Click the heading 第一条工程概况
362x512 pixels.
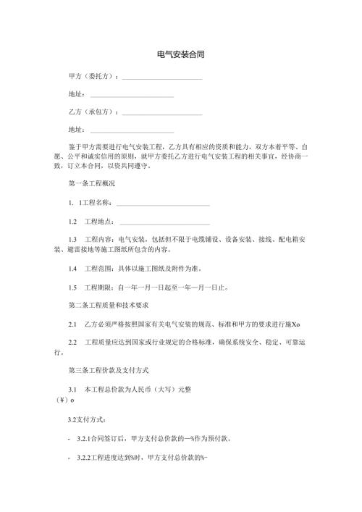91,184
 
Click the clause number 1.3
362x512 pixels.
72,239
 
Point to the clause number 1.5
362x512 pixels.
72,287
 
